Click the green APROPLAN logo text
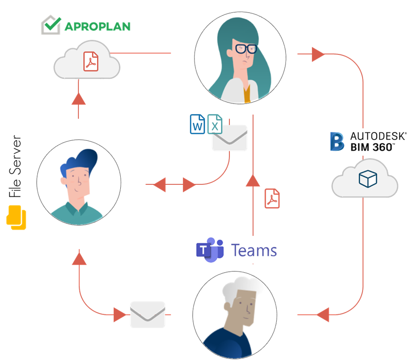point(97,26)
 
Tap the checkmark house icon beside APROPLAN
point(51,25)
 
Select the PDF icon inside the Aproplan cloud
point(91,62)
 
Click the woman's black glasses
point(245,48)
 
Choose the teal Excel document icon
point(215,124)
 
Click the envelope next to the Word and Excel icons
point(229,138)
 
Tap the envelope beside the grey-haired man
point(148,314)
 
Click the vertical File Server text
point(16,167)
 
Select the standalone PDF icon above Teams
point(272,198)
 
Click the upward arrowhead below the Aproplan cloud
point(79,98)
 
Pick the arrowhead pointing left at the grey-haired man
point(323,314)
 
